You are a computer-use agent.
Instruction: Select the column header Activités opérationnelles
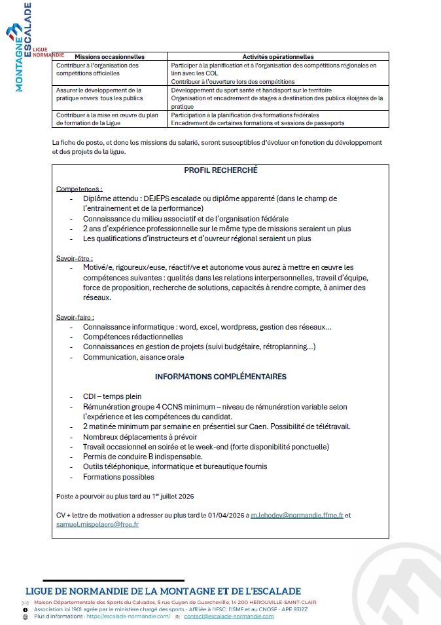278,57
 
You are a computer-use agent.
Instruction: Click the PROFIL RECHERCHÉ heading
220,170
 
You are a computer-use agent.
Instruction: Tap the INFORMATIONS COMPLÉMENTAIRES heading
220,377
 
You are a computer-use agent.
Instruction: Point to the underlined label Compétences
79,189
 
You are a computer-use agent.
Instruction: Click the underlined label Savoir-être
75,258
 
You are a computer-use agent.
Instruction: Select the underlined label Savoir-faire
75,317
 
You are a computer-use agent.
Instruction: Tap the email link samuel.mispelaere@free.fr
97,525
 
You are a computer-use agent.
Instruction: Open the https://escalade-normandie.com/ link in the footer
128,616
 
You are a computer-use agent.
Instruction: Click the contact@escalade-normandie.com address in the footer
229,616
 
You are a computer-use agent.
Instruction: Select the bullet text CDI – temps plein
112,396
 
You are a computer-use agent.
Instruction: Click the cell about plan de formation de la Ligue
107,119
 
